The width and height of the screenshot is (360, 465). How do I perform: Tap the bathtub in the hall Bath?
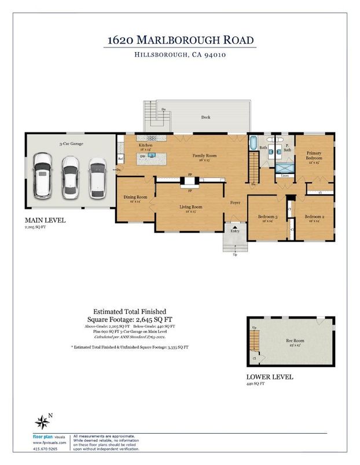point(254,142)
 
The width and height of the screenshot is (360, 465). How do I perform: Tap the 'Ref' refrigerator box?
point(121,158)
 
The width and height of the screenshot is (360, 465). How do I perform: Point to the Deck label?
point(205,117)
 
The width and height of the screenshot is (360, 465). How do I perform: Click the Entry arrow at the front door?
point(234,226)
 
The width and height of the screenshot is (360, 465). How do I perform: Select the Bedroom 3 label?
point(268,217)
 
